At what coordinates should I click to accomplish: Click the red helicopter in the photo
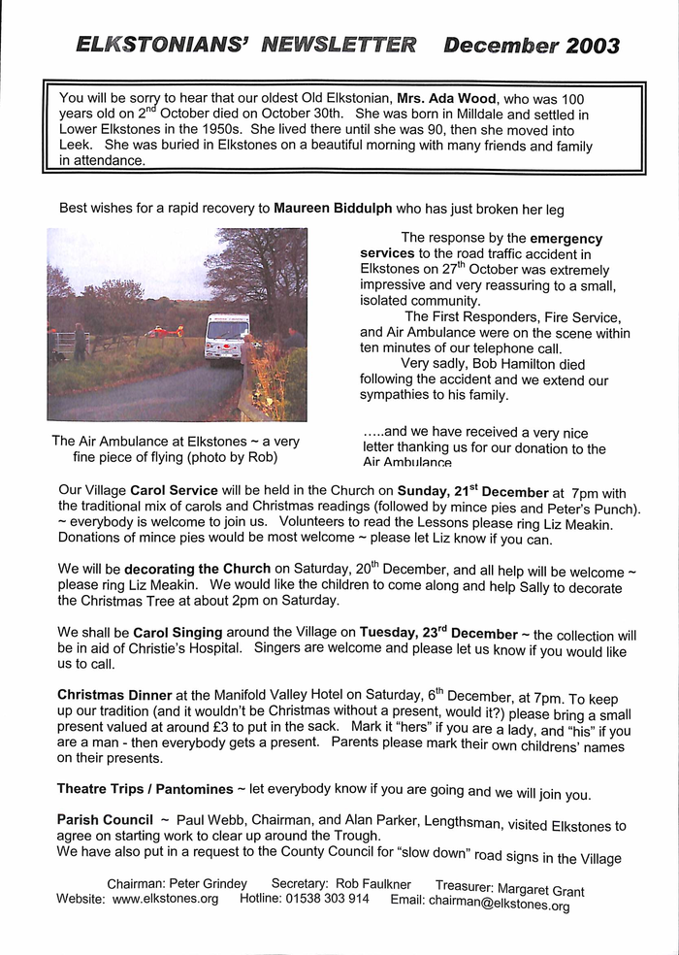pos(166,331)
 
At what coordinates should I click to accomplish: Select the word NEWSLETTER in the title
pos(339,45)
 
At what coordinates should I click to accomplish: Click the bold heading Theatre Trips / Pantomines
pos(145,789)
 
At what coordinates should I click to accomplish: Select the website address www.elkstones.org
pos(165,899)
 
